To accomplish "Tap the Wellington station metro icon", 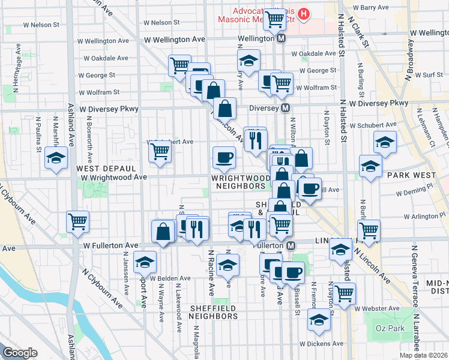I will pos(282,38).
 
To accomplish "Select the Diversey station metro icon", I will pos(286,109).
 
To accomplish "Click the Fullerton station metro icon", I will pos(291,246).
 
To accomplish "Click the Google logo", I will pos(20,353).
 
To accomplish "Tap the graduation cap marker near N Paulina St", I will pos(56,158).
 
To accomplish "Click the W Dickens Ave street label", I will pos(321,344).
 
